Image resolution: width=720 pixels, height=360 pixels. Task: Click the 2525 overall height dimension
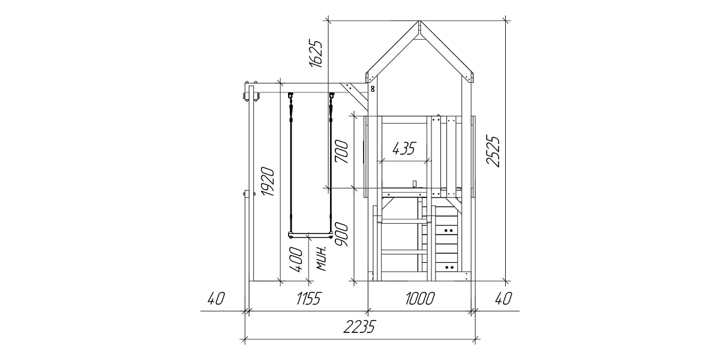493,151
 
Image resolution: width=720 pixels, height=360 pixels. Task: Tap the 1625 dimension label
316,53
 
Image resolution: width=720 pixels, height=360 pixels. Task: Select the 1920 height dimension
268,182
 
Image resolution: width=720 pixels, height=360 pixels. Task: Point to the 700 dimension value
341,152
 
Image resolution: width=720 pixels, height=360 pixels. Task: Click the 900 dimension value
341,235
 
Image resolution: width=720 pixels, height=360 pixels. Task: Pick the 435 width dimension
404,148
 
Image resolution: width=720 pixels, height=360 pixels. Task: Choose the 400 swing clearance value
296,259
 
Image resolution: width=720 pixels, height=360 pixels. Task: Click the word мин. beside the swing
322,259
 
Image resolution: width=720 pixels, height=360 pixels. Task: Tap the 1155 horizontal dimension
308,299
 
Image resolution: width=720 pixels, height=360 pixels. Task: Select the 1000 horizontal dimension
419,299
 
